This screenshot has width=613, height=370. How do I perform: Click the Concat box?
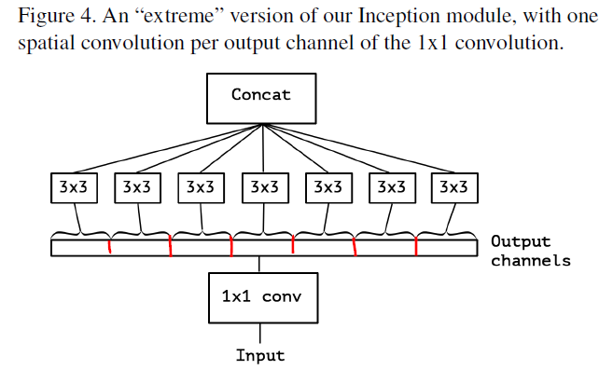pos(261,96)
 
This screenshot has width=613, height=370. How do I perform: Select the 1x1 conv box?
pos(261,297)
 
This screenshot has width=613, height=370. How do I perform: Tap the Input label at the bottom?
pos(260,355)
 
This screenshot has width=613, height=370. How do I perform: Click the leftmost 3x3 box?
pos(72,187)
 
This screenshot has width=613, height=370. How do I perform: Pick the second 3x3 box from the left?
pos(136,187)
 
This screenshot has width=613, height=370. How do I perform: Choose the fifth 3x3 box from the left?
pos(327,187)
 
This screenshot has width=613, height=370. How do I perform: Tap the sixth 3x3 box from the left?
pos(391,187)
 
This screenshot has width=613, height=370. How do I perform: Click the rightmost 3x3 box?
pos(453,187)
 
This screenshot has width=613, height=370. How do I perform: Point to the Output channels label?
pos(529,252)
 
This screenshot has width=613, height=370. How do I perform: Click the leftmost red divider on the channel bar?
pos(110,247)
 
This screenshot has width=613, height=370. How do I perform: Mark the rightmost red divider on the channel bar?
pos(416,247)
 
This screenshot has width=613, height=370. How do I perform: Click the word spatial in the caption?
pos(49,44)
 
